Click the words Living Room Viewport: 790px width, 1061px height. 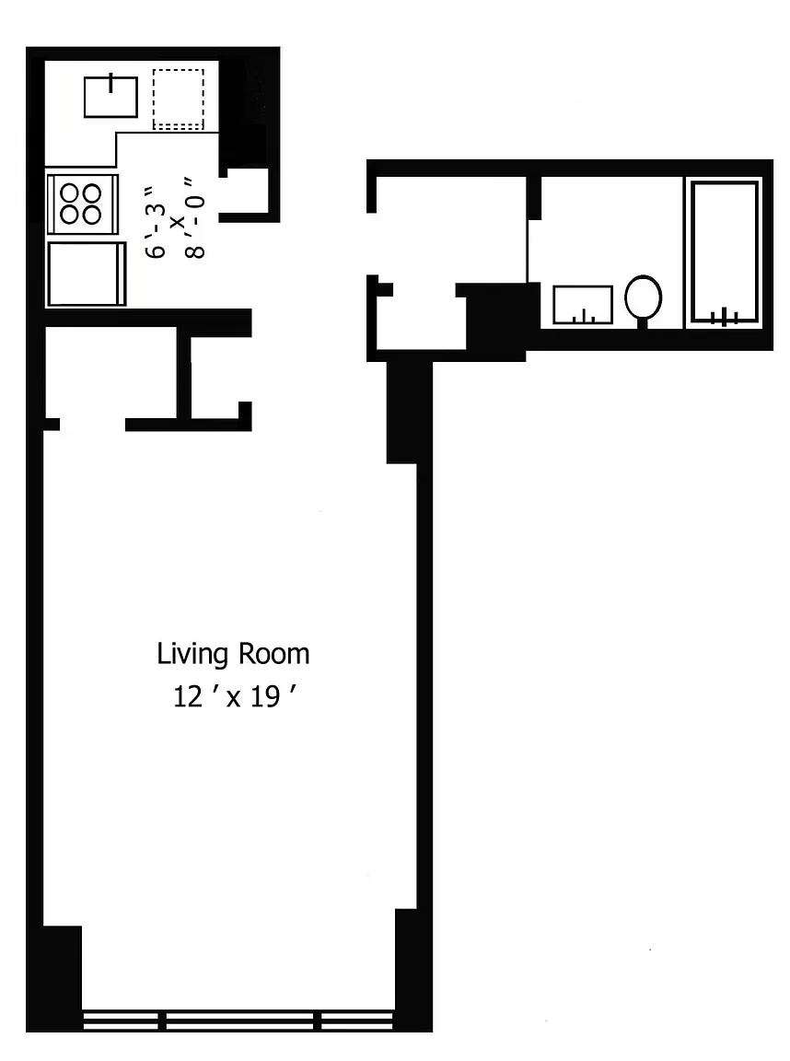[233, 654]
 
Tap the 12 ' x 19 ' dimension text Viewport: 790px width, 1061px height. [236, 696]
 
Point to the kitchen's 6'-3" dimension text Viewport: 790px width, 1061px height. [155, 221]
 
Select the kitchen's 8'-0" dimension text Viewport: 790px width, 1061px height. [195, 218]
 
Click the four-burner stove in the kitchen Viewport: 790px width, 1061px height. [83, 204]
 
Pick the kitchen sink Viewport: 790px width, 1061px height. [110, 96]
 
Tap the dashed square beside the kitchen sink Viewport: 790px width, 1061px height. [178, 99]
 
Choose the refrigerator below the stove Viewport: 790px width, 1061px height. [87, 274]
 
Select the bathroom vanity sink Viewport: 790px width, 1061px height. [582, 305]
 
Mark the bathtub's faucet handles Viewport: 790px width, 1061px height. [724, 316]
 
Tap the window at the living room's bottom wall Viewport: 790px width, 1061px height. [238, 1020]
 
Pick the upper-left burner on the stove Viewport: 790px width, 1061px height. [70, 193]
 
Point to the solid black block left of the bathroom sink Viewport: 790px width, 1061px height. [498, 317]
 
